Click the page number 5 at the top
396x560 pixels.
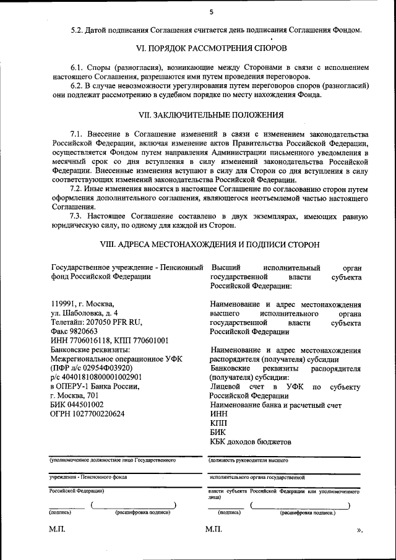pyautogui.click(x=211, y=12)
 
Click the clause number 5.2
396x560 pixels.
pyautogui.click(x=79, y=30)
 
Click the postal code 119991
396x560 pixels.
pyautogui.click(x=62, y=304)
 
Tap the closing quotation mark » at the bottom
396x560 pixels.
pyautogui.click(x=359, y=530)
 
